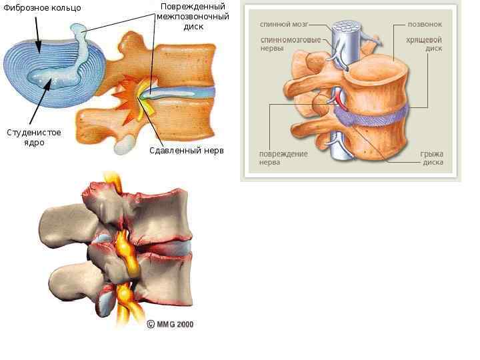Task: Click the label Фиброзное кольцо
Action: coord(42,8)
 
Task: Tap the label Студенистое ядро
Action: coord(33,137)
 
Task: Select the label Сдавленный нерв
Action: coord(187,151)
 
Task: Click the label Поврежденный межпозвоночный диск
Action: coord(193,17)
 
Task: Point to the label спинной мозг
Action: coord(283,24)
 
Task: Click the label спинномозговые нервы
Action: coord(282,44)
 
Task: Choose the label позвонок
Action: coord(425,24)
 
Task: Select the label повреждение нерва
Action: coord(283,158)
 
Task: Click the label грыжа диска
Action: coord(431,158)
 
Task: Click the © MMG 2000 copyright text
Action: coord(170,324)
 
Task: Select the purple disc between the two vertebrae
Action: coord(373,115)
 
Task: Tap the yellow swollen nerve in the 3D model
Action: coord(124,247)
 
